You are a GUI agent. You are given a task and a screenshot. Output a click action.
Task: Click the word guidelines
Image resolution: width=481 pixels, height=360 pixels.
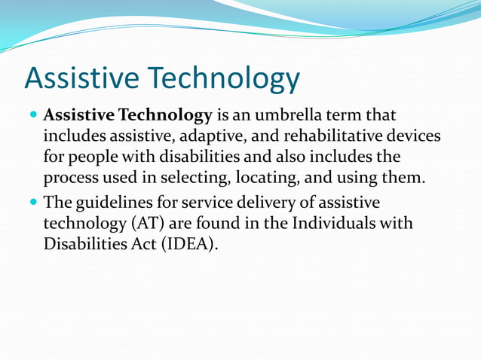tap(111, 203)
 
